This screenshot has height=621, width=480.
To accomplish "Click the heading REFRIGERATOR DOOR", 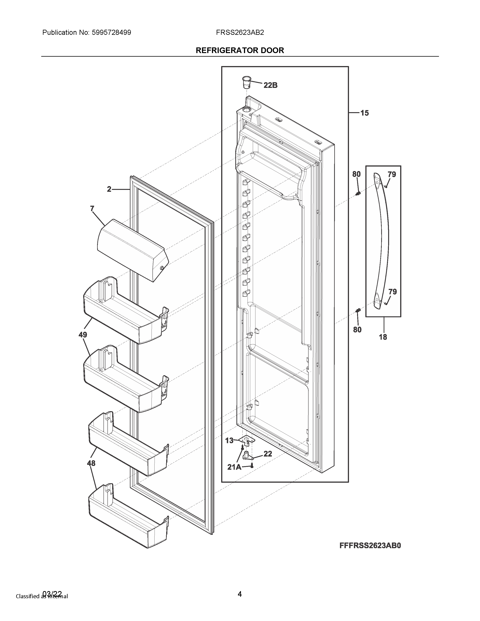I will click(x=240, y=51).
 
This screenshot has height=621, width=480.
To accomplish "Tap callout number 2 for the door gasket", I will click(x=109, y=189).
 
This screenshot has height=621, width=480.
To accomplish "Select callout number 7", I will click(x=92, y=209).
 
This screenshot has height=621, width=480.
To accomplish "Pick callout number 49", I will click(x=83, y=335).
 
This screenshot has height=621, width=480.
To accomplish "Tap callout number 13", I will click(x=229, y=441).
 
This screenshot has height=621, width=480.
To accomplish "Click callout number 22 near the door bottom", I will click(x=268, y=454).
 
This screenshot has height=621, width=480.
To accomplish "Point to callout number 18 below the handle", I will click(x=383, y=337).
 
